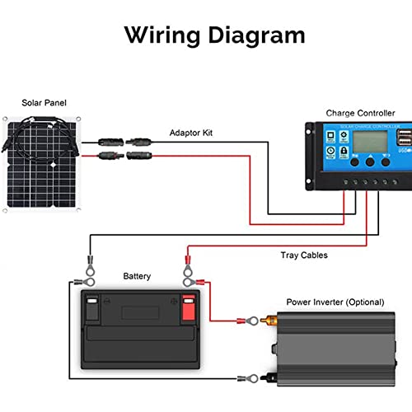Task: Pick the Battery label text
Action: (137, 277)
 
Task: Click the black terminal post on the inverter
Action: (266, 378)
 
